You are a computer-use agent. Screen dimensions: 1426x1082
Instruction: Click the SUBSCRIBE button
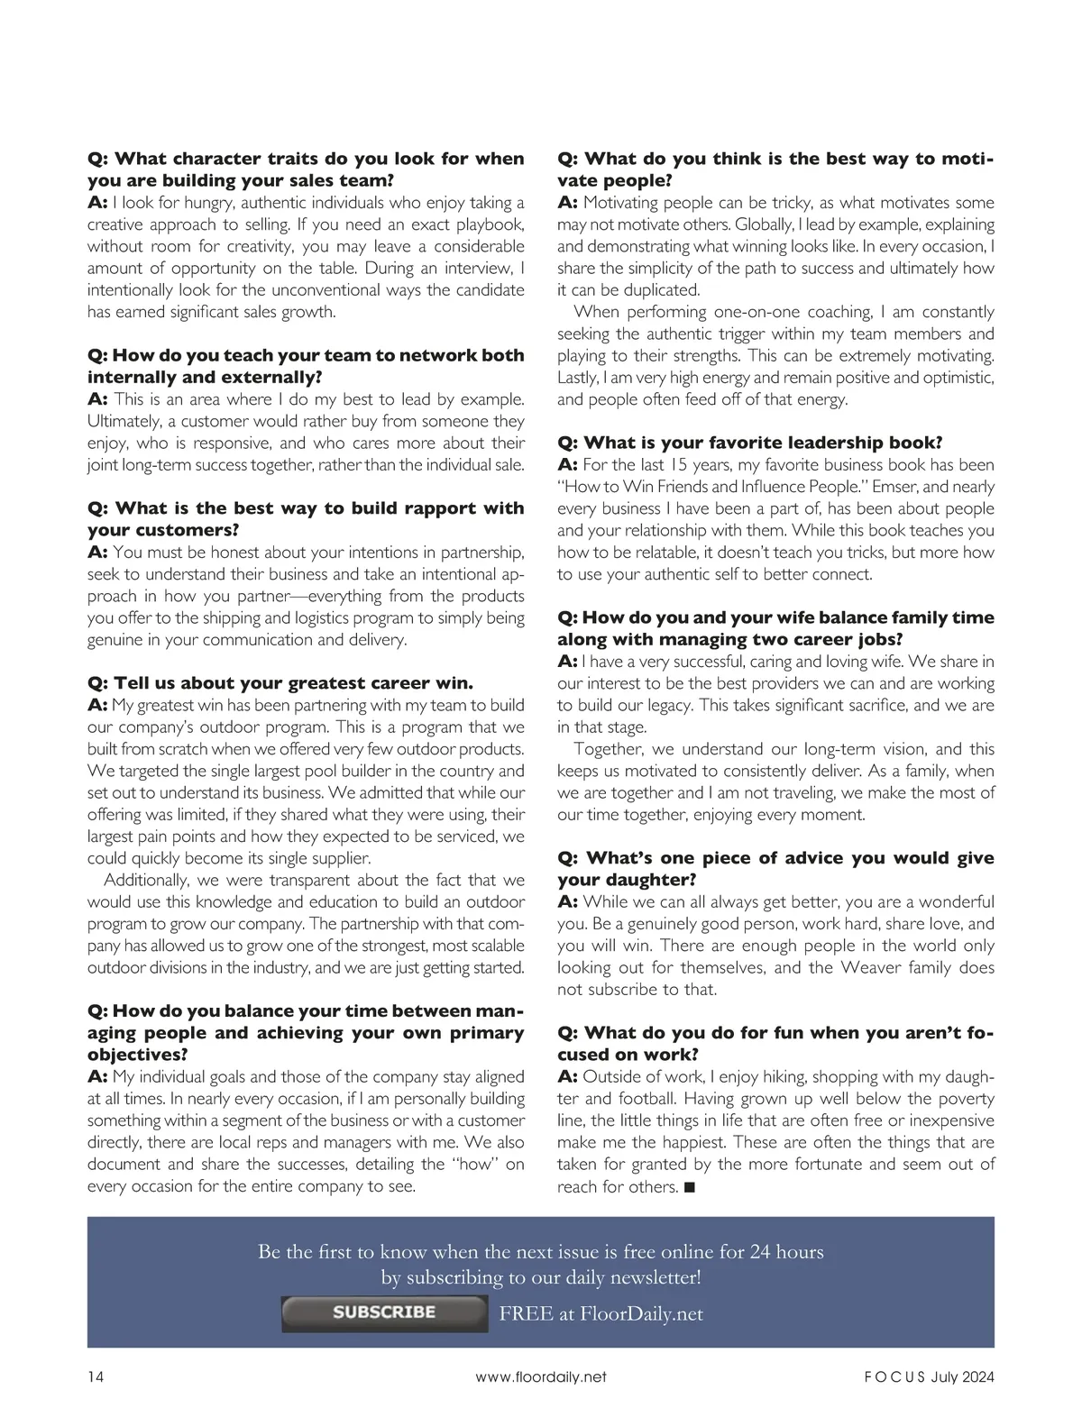384,1313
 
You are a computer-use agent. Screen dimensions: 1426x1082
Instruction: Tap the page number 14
96,1376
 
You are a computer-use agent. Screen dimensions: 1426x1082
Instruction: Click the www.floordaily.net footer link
540,1376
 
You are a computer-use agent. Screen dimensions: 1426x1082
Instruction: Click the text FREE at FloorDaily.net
601,1313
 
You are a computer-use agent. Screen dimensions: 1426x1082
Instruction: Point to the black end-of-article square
689,1187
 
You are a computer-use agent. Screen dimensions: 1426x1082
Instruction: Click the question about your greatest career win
280,682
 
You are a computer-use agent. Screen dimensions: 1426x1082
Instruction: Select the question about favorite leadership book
749,443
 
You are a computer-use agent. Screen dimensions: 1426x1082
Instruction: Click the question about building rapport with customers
306,518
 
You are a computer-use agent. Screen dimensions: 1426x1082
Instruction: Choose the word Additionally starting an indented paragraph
146,880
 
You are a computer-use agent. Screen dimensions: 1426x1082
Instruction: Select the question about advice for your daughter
775,868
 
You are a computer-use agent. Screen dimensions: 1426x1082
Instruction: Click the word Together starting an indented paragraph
609,749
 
